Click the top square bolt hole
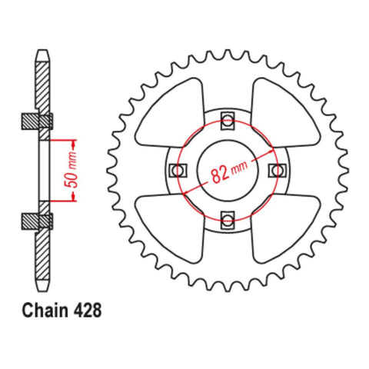click(x=227, y=118)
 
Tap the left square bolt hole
click(x=175, y=171)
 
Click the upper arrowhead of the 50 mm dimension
click(x=74, y=144)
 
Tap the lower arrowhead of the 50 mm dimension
click(x=74, y=197)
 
